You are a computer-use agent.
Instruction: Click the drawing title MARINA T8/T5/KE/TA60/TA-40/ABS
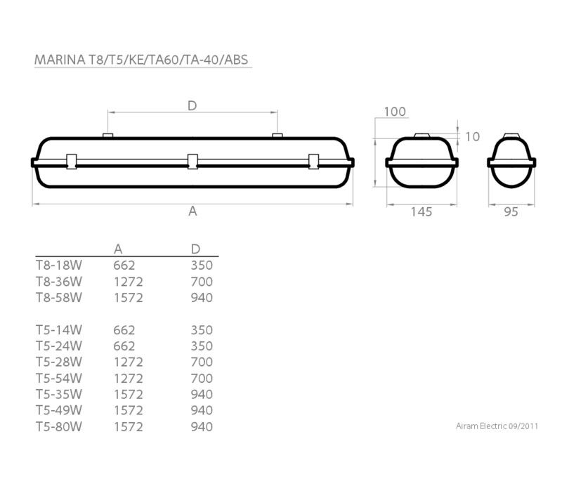click(141, 60)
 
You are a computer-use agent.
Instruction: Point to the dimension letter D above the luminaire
click(192, 105)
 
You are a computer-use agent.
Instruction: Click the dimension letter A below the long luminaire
click(192, 211)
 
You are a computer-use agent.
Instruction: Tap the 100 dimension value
click(395, 112)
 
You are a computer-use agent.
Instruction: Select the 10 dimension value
click(472, 136)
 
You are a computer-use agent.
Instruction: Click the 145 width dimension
click(421, 211)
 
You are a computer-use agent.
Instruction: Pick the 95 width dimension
click(511, 211)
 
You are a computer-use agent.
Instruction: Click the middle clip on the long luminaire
click(192, 162)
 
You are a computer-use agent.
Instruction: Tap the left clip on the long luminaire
click(72, 162)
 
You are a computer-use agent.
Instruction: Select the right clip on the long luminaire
click(313, 162)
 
